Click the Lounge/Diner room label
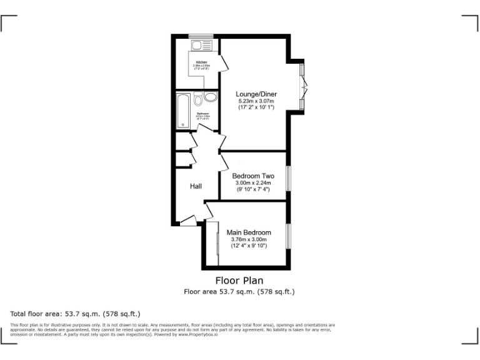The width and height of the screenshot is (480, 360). (x=256, y=94)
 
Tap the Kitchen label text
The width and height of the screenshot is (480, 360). (x=202, y=62)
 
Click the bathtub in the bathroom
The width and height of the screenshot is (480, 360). (x=183, y=111)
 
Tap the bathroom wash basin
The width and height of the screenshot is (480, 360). (x=210, y=98)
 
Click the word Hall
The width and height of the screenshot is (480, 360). (x=196, y=186)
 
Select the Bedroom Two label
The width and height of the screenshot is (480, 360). (x=253, y=176)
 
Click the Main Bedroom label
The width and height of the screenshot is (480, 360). (x=249, y=232)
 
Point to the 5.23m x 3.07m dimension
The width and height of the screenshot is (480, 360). (x=256, y=101)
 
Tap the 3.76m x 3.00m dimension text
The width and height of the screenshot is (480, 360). (x=249, y=239)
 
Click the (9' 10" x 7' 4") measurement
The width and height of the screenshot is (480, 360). (x=253, y=189)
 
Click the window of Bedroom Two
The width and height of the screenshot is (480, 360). (x=287, y=177)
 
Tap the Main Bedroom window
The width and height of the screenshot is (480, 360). (x=287, y=234)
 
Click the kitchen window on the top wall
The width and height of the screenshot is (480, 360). (x=202, y=36)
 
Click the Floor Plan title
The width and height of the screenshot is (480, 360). (x=239, y=281)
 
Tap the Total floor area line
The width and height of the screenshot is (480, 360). (x=75, y=314)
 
